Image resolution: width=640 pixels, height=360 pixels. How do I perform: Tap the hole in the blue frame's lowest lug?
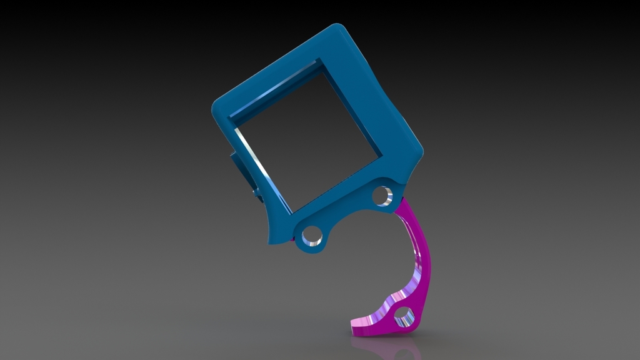coord(311,236)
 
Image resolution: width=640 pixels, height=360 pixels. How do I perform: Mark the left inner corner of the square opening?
coord(232,119)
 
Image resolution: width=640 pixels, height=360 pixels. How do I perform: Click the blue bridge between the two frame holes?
coord(347,209)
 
